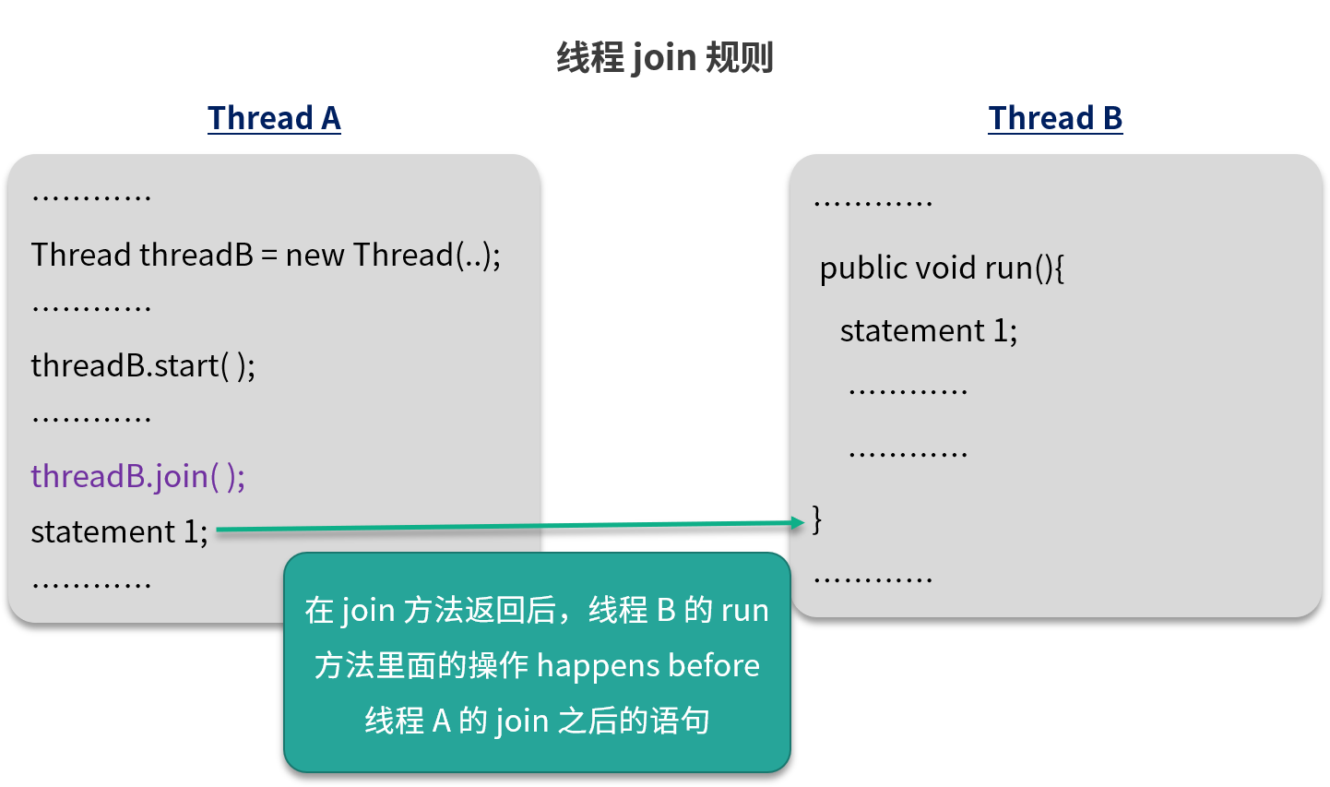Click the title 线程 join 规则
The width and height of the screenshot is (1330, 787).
pos(664,57)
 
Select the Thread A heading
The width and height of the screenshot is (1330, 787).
pos(274,118)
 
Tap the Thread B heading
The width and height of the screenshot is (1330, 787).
pos(1055,118)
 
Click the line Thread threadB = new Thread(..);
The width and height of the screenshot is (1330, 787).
pos(266,255)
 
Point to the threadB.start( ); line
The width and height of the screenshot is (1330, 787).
pos(143,365)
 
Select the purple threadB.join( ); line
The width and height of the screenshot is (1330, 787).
pos(138,476)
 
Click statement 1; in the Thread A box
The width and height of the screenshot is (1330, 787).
pos(119,531)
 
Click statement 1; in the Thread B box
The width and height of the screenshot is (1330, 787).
pos(928,330)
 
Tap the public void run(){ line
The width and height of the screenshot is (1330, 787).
pos(942,268)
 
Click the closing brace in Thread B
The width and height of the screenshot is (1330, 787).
pos(816,519)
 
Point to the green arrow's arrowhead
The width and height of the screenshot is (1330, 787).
pos(798,522)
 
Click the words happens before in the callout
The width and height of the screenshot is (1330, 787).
pos(648,665)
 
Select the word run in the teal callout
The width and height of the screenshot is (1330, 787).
pos(744,610)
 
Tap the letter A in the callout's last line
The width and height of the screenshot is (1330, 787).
pos(441,721)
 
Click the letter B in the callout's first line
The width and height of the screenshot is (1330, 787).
pos(665,610)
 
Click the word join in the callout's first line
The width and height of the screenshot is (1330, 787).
pos(367,611)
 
